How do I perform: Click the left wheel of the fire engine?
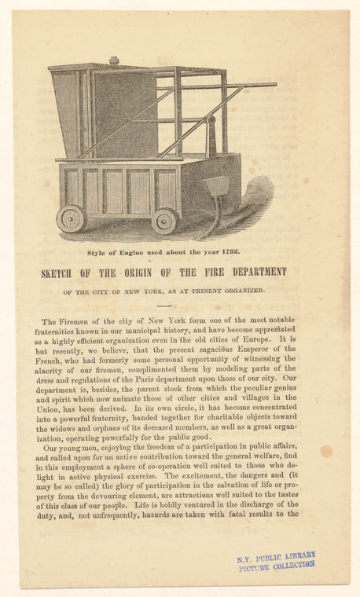pos(72,218)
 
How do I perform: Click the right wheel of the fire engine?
pos(165,221)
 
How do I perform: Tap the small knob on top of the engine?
pos(114,60)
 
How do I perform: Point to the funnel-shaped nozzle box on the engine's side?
pos(216,186)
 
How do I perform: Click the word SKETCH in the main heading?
pos(60,273)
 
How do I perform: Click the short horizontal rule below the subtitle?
pos(163,306)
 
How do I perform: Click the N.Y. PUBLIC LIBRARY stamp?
pos(277,561)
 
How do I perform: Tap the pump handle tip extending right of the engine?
pos(271,84)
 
